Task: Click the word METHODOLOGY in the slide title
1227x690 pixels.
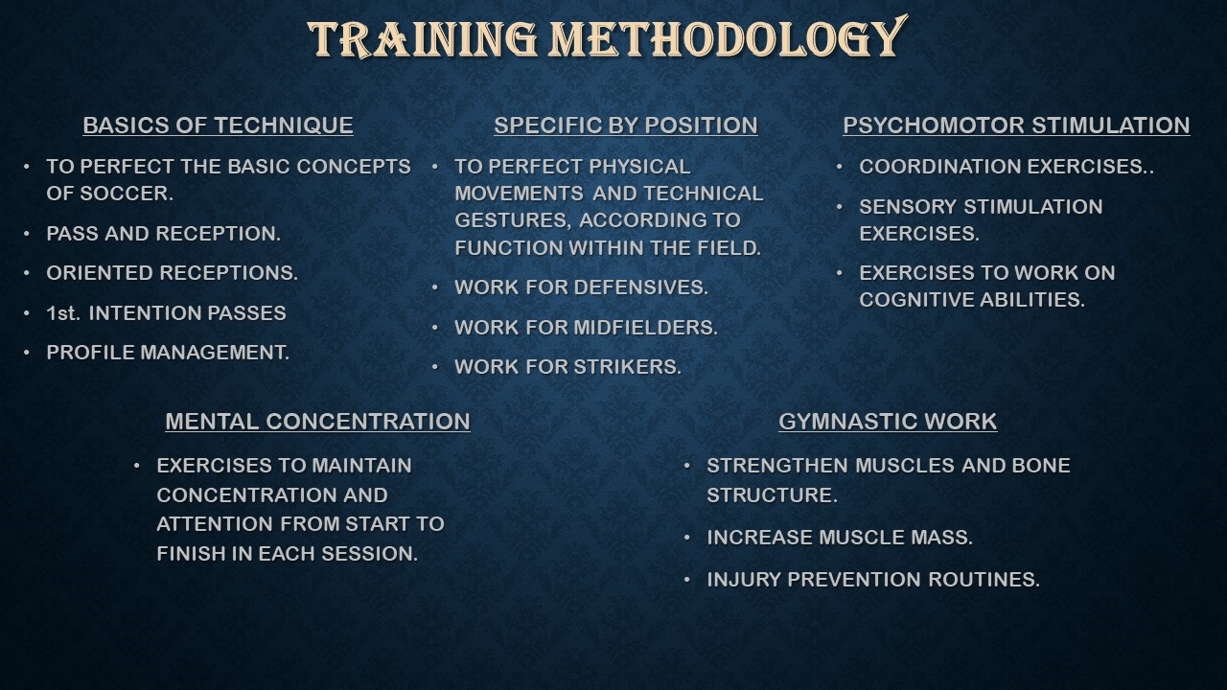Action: [x=728, y=37]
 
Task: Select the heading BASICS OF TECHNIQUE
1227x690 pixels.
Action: [x=218, y=126]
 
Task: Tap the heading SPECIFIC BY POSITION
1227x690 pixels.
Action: [x=626, y=126]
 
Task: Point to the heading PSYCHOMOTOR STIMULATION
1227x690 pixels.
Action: [x=1016, y=126]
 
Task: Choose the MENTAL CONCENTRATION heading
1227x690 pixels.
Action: [x=317, y=422]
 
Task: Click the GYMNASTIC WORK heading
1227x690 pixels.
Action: [x=888, y=422]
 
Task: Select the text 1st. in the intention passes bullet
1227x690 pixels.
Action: [x=63, y=313]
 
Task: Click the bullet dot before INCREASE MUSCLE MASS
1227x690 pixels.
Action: [x=687, y=538]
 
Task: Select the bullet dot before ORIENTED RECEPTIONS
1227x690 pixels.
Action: [x=27, y=273]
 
